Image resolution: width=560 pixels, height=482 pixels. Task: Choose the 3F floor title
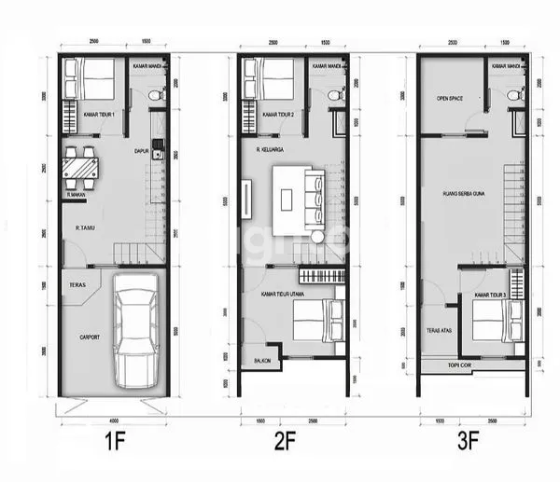pyautogui.click(x=472, y=438)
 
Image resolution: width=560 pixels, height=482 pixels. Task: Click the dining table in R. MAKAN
pyautogui.click(x=81, y=168)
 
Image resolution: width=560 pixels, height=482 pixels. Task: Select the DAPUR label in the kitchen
pyautogui.click(x=142, y=150)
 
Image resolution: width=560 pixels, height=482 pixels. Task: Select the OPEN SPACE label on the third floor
pyautogui.click(x=450, y=97)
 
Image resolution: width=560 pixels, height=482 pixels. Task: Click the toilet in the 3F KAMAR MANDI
pyautogui.click(x=511, y=95)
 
